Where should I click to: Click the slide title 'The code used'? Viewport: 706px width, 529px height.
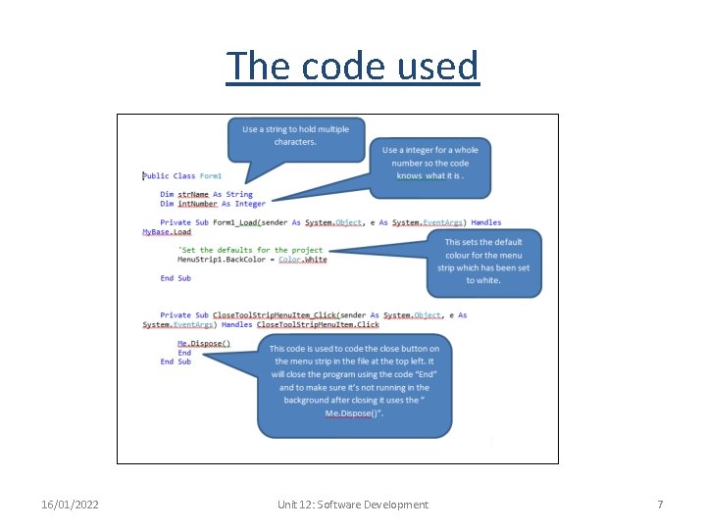pyautogui.click(x=353, y=66)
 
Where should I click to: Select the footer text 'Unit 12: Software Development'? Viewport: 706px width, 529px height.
pyautogui.click(x=353, y=505)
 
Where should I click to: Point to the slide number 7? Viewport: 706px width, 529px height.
pyautogui.click(x=660, y=505)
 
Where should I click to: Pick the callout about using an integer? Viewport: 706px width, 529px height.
pyautogui.click(x=430, y=163)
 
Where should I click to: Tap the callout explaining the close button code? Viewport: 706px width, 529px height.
pyautogui.click(x=354, y=381)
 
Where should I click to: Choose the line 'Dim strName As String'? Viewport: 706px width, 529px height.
pyautogui.click(x=206, y=195)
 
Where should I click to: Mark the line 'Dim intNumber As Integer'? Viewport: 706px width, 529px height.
pyautogui.click(x=213, y=204)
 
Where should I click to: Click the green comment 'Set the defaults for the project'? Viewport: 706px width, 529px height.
pyautogui.click(x=250, y=251)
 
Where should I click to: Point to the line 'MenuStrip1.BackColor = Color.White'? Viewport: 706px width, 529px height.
pyautogui.click(x=252, y=260)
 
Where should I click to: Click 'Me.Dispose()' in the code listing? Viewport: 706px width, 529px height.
pyautogui.click(x=204, y=344)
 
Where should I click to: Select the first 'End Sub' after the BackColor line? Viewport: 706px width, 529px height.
pyautogui.click(x=176, y=278)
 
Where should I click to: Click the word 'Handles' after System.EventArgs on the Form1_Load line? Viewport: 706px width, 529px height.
pyautogui.click(x=485, y=223)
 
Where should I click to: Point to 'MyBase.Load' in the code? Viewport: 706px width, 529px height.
pyautogui.click(x=167, y=232)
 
